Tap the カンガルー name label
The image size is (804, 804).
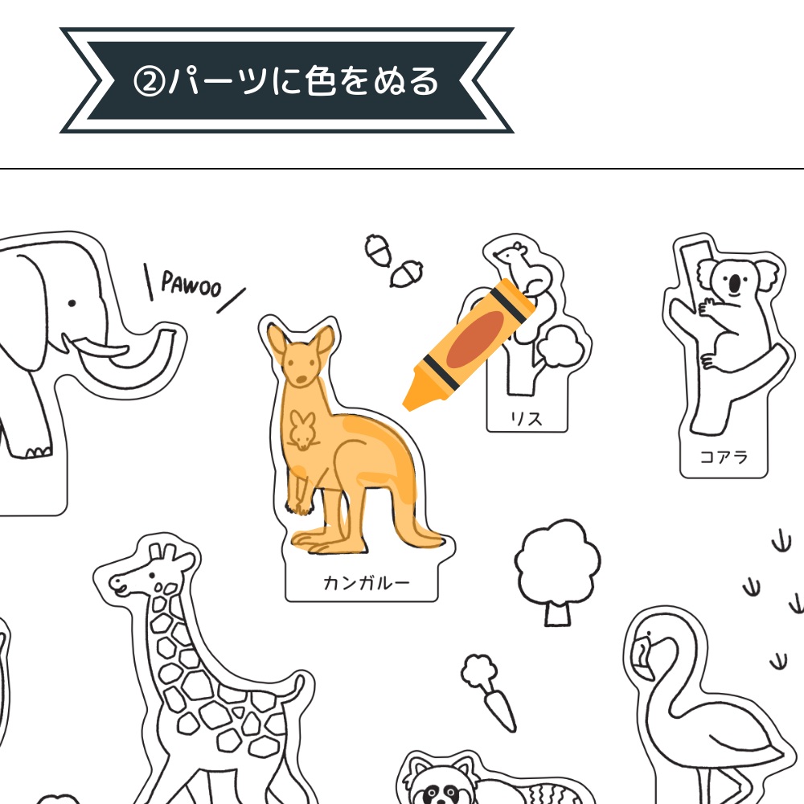click(366, 582)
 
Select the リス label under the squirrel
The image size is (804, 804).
click(526, 419)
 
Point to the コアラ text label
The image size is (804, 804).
click(724, 457)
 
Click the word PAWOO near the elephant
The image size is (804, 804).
click(191, 283)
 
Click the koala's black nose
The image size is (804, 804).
click(735, 282)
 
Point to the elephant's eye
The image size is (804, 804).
click(72, 304)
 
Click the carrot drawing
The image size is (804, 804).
click(489, 691)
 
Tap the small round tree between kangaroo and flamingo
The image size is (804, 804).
click(557, 572)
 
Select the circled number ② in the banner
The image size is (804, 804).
click(149, 82)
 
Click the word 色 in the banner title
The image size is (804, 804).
click(320, 81)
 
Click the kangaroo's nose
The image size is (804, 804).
click(301, 380)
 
